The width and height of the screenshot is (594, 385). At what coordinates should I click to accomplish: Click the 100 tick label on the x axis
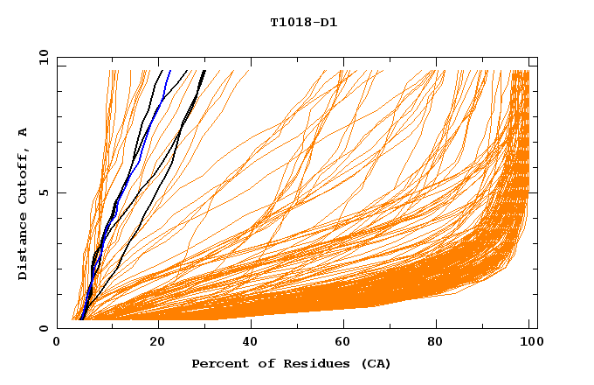pos(530,342)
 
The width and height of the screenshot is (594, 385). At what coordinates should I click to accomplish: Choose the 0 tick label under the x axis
pos(58,342)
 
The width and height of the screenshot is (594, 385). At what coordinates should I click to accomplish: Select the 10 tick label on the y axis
pos(43,57)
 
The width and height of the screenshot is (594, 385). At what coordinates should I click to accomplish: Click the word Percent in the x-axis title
pos(218,363)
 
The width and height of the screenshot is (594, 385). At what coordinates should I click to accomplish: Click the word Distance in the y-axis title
pos(23,248)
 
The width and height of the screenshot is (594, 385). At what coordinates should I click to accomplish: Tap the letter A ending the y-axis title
pos(23,132)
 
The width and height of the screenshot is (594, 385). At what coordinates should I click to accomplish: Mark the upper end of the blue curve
pos(169,72)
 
